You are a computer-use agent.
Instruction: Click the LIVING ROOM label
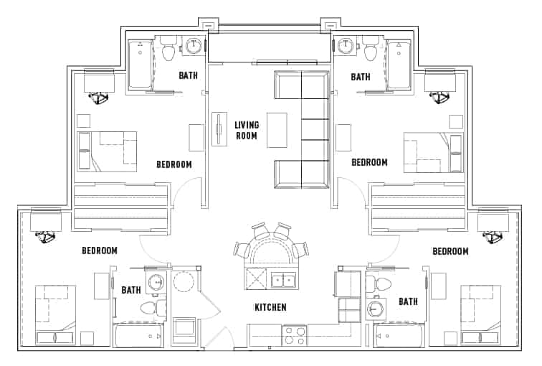click(247, 130)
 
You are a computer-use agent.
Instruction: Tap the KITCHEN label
click(270, 307)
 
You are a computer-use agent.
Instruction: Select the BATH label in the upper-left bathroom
click(188, 76)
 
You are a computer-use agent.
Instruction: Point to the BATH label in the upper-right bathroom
click(360, 76)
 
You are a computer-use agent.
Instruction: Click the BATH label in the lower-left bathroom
click(131, 290)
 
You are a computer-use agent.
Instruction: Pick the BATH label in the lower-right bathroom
click(408, 301)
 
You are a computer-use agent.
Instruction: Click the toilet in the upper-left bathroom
click(168, 50)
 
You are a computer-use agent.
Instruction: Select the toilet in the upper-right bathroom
click(371, 50)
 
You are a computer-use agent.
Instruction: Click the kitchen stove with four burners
click(295, 334)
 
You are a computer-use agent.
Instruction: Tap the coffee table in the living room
click(277, 130)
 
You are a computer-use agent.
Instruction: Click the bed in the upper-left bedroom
click(107, 151)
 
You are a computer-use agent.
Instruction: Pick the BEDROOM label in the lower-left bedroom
click(99, 250)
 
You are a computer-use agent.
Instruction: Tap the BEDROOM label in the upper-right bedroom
click(369, 163)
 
